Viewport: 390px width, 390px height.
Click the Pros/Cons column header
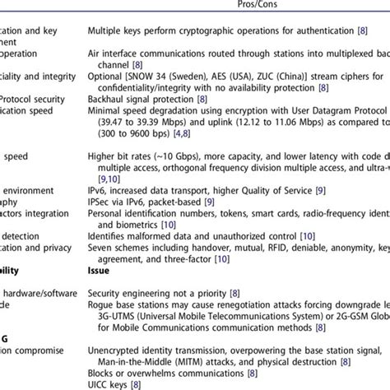235,5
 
